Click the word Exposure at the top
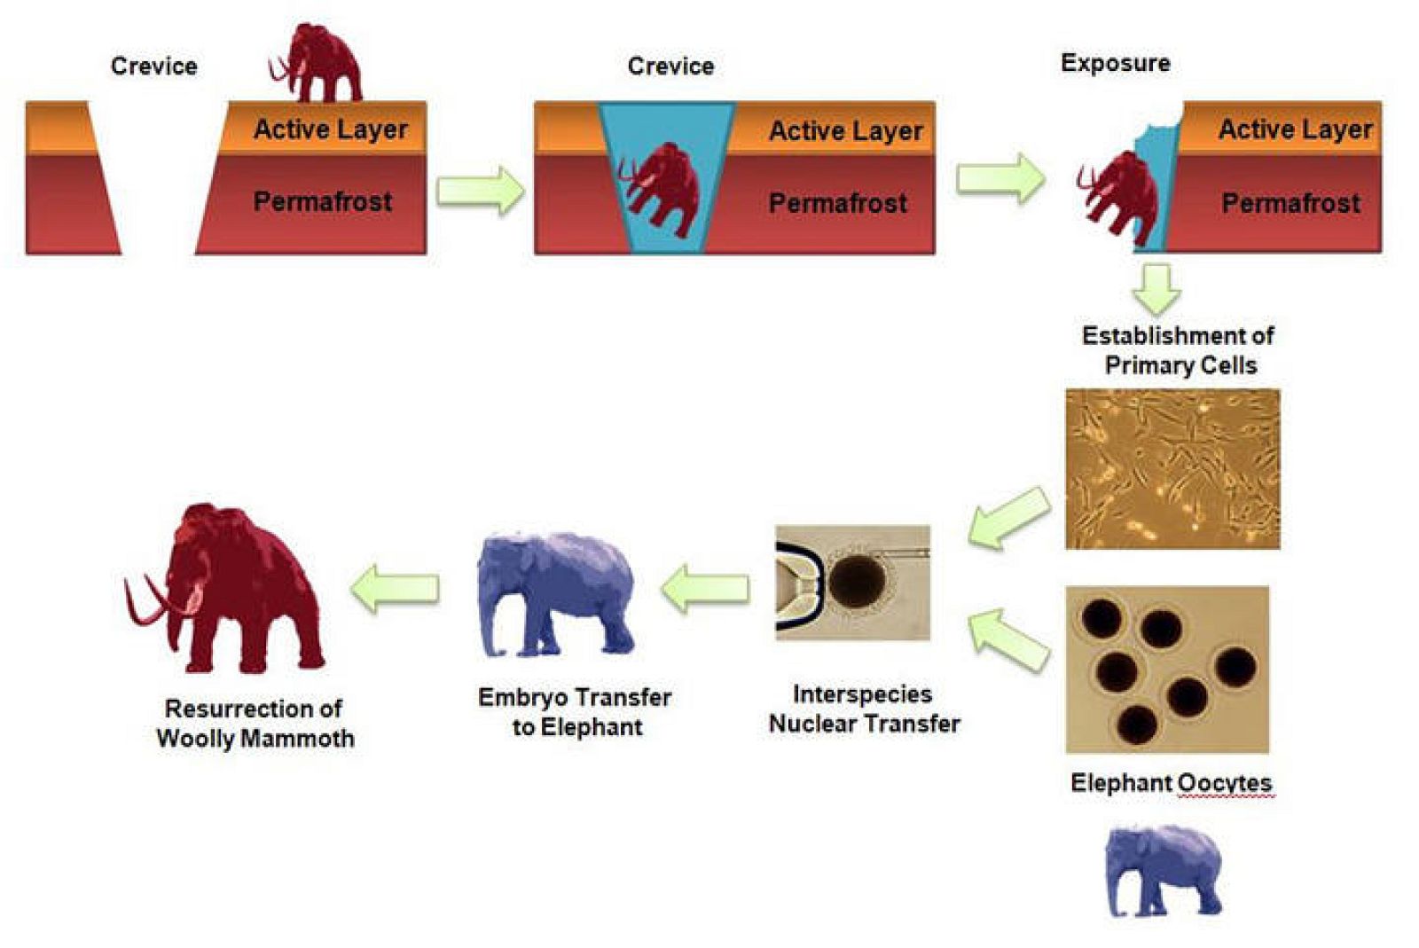[1115, 63]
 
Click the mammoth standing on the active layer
[318, 64]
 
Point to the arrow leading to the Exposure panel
[1000, 177]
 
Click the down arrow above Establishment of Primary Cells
[1156, 288]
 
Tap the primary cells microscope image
[1172, 468]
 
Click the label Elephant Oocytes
[1171, 782]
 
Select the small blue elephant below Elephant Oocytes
[1163, 870]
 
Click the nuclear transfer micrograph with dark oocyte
[852, 582]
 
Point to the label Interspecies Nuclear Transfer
[864, 709]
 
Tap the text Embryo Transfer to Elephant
[575, 711]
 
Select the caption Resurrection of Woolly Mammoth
[255, 723]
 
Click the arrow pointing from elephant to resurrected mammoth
[396, 587]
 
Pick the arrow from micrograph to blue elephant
[706, 588]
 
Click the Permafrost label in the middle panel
[837, 203]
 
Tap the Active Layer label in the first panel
[330, 129]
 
